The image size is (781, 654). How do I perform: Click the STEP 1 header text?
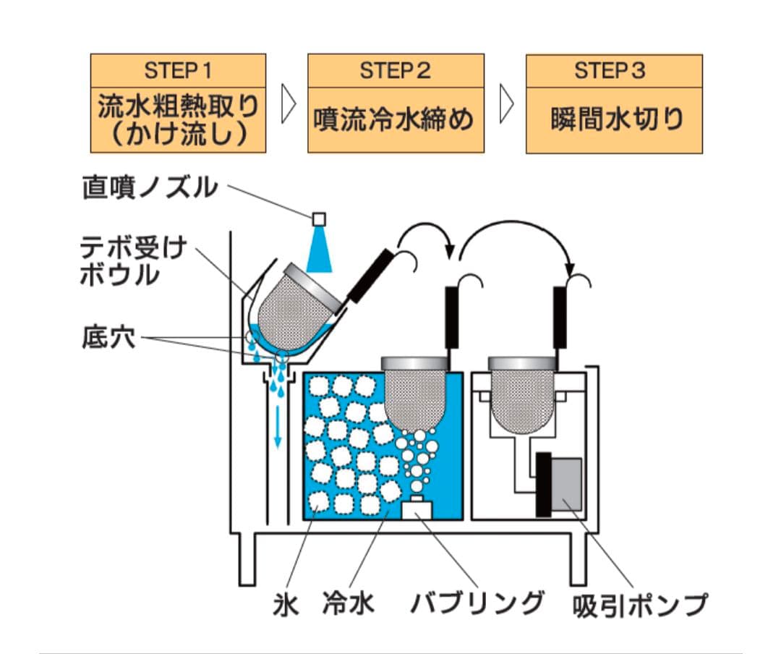pyautogui.click(x=178, y=71)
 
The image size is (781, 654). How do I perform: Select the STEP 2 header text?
pyautogui.click(x=396, y=71)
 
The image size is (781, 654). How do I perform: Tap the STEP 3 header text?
pyautogui.click(x=613, y=71)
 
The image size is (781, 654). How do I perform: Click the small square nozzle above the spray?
pyautogui.click(x=318, y=218)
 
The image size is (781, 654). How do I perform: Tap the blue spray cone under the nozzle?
pyautogui.click(x=318, y=250)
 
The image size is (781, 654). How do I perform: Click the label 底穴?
pyautogui.click(x=108, y=339)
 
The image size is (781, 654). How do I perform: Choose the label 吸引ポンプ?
pyautogui.click(x=639, y=604)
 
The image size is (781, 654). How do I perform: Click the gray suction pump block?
pyautogui.click(x=568, y=483)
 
